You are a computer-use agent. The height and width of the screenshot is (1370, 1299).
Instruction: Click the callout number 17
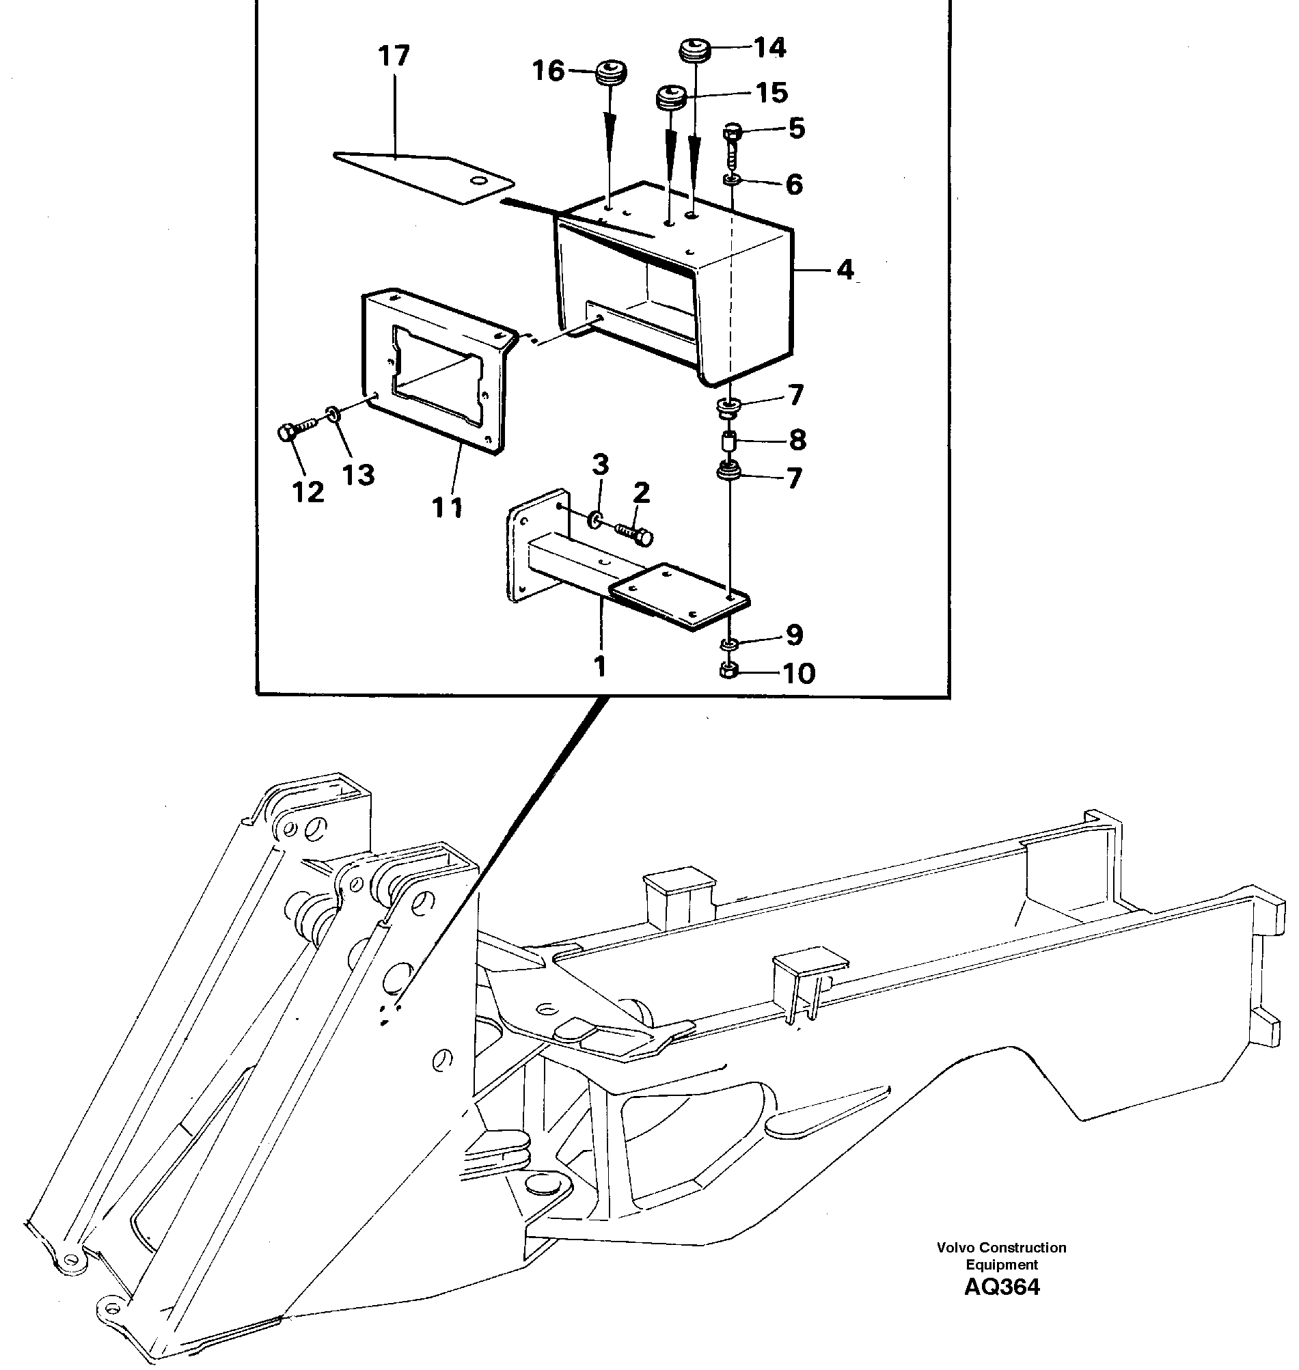[394, 55]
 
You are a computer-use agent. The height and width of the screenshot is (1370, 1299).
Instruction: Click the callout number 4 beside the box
[845, 269]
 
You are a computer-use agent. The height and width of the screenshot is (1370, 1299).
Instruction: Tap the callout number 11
[447, 508]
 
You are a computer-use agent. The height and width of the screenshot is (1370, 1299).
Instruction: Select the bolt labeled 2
[635, 535]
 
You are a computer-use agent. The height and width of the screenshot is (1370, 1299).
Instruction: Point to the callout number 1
[600, 666]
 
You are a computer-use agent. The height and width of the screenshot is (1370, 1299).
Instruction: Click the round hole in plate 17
[477, 180]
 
